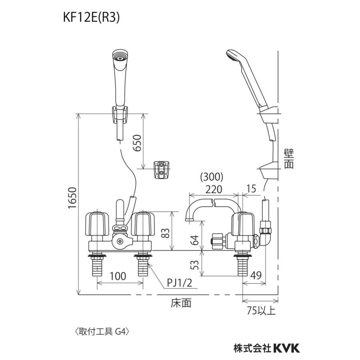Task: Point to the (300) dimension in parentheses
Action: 212,177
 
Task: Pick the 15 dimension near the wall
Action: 251,188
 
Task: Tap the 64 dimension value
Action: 195,240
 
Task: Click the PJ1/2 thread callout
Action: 180,283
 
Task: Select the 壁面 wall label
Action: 288,159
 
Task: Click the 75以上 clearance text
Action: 261,311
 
